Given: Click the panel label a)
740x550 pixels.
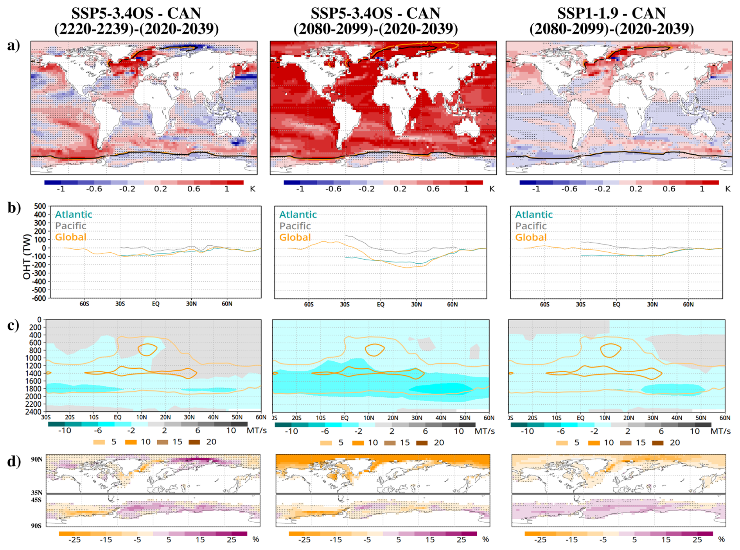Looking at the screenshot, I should coord(13,45).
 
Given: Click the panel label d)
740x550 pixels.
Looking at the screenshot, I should coord(14,461).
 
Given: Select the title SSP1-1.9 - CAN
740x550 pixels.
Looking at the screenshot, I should coord(611,13).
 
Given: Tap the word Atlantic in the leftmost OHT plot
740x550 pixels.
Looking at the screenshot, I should coord(74,214).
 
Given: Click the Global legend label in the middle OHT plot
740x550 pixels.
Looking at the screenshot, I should coord(295,237).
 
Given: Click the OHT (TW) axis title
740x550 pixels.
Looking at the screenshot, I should coord(27,257).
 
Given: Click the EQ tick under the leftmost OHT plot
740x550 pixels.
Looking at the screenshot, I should coord(156,304).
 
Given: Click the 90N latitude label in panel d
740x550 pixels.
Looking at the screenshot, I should coord(37,459).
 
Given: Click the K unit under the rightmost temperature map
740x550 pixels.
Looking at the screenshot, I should coord(727,189).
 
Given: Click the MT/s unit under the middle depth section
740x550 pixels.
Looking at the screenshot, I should coord(484,431).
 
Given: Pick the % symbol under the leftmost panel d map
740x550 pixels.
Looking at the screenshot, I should coord(256,539).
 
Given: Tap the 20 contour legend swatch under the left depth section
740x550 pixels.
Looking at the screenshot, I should coord(194,442).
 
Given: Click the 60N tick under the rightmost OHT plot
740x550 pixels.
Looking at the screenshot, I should coord(688,304).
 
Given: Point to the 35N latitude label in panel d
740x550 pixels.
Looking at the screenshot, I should coord(37,493).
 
